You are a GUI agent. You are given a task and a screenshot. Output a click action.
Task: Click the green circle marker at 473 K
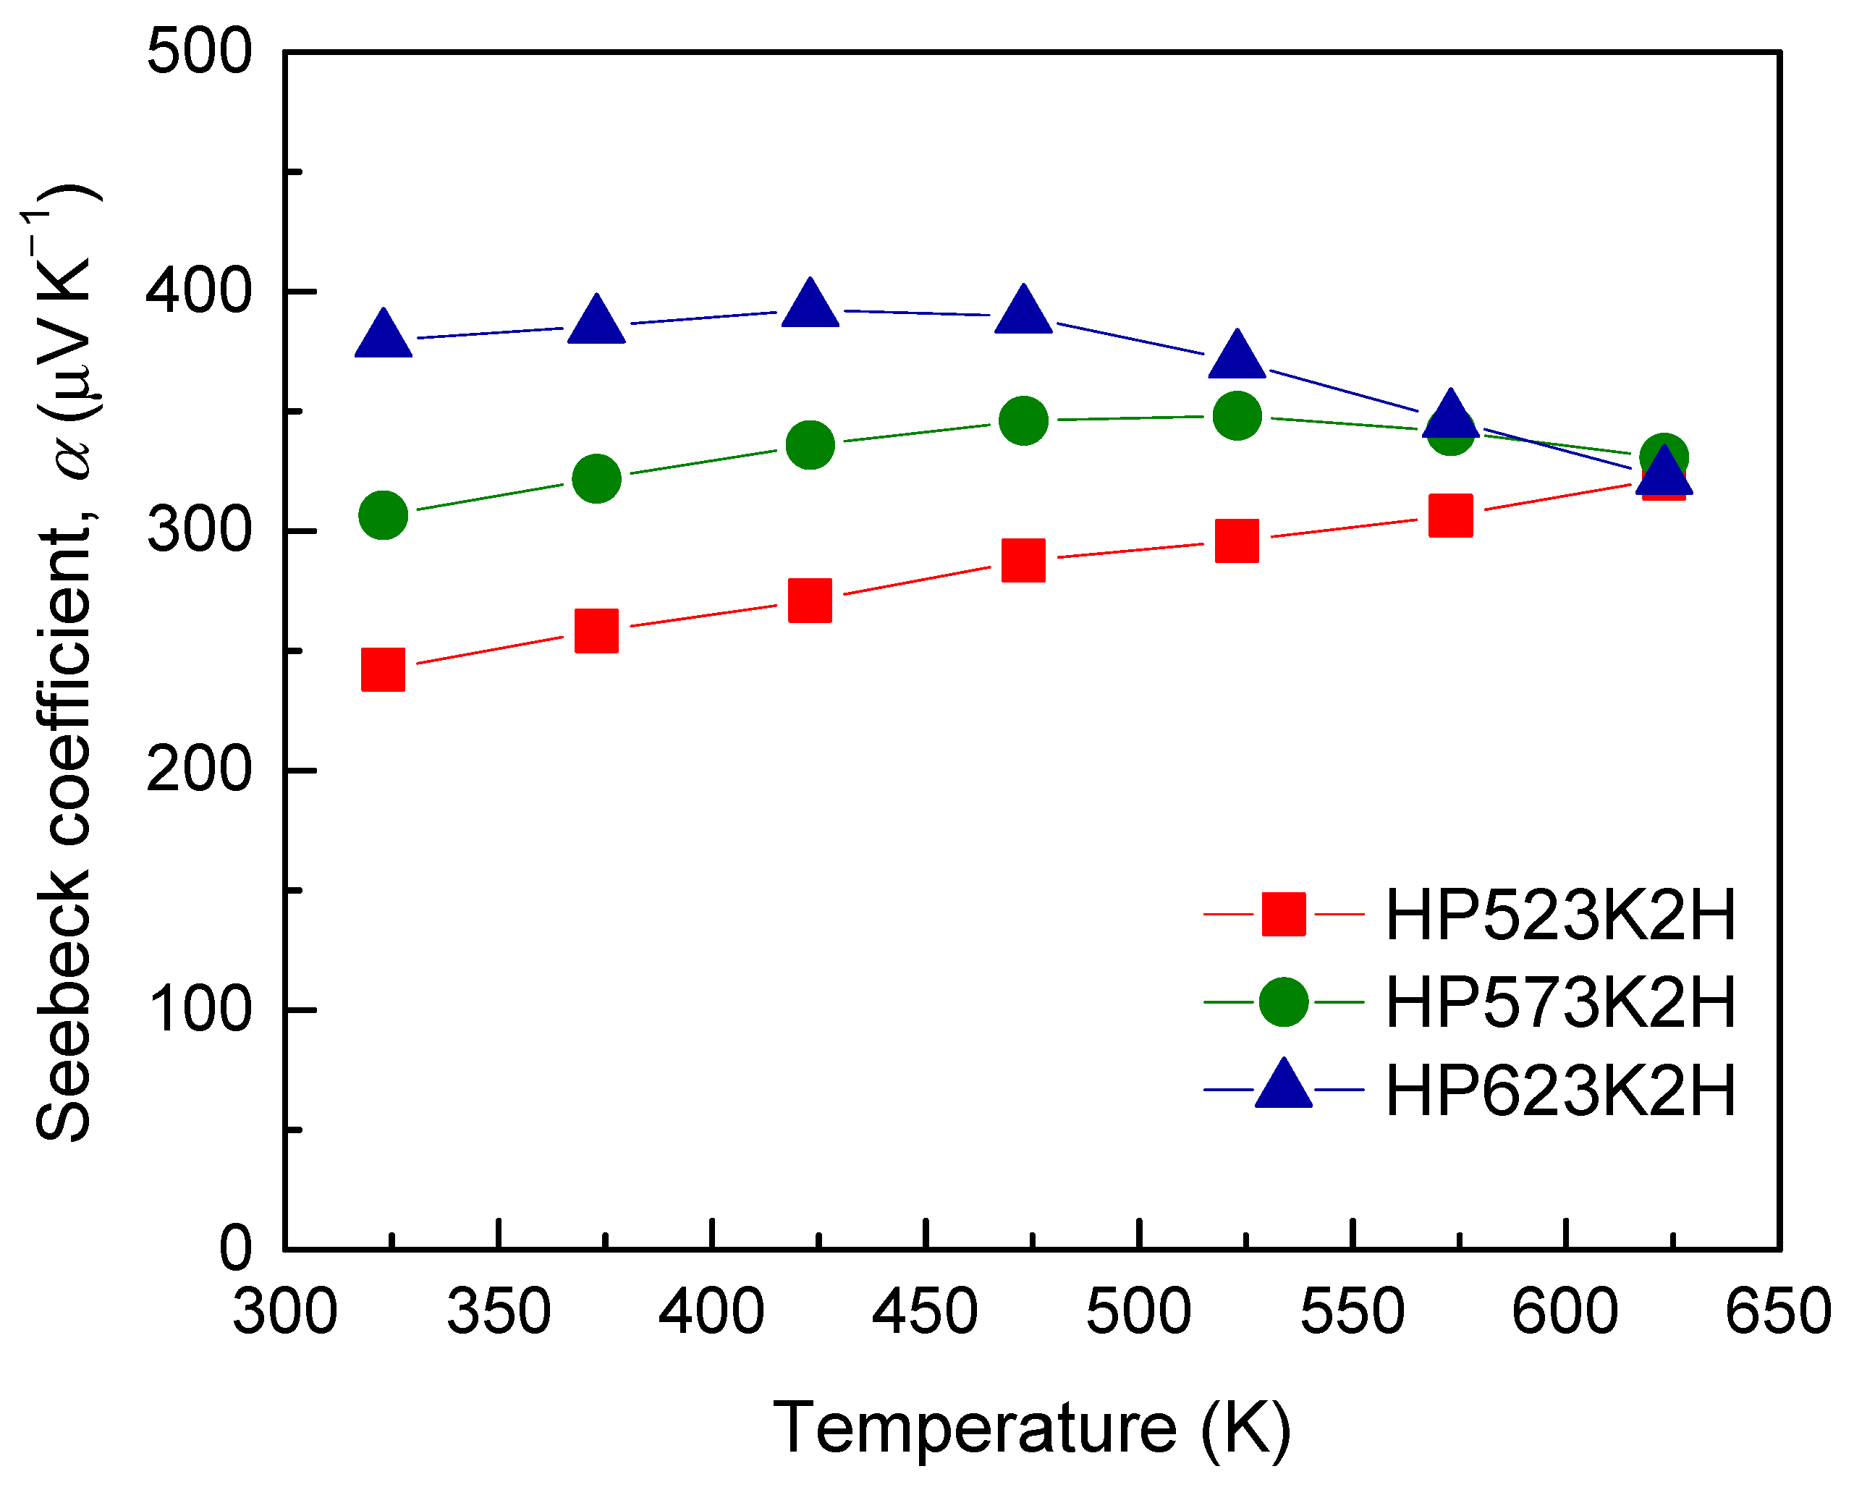pos(1024,420)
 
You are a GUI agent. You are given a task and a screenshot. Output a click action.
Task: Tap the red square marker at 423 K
pos(810,600)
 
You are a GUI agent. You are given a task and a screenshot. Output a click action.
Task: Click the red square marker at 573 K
pos(1451,516)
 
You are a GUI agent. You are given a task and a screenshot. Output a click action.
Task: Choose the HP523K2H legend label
pos(1559,914)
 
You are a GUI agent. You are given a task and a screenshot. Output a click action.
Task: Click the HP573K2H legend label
pos(1559,1001)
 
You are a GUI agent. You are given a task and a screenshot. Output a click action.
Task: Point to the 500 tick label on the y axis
pos(199,51)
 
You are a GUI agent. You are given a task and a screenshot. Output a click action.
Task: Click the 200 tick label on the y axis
pos(199,769)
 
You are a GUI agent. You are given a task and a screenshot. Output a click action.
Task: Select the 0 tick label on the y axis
pos(235,1249)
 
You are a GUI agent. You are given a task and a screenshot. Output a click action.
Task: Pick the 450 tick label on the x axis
pos(925,1312)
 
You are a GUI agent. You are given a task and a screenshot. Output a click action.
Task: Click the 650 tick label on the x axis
pos(1778,1312)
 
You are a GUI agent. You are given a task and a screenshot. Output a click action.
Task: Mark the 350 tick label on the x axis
pos(499,1312)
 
